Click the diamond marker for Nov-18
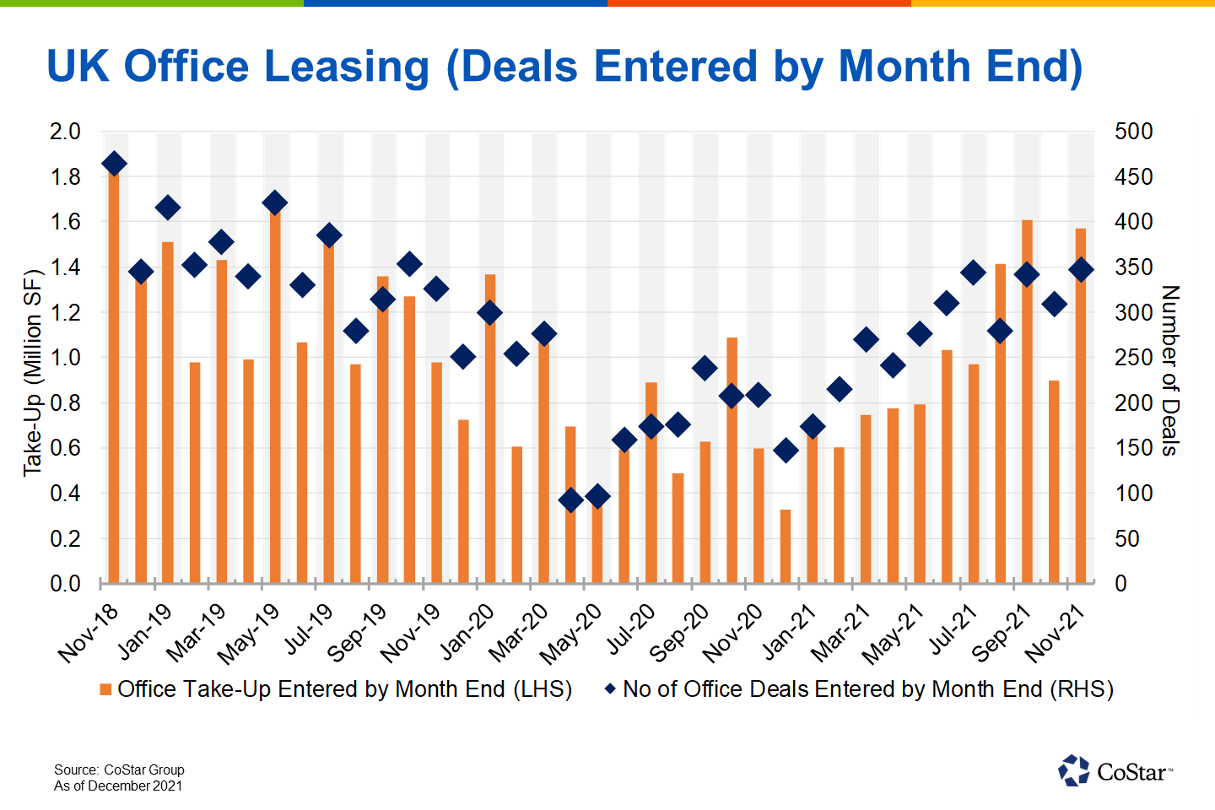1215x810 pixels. coord(114,164)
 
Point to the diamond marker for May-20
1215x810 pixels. coord(597,497)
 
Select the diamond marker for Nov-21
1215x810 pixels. coord(1081,270)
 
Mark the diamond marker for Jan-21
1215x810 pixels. coord(813,427)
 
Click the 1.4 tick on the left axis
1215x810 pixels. coord(65,267)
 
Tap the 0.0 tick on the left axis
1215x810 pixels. coord(65,584)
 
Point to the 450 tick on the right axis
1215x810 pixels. coord(1133,177)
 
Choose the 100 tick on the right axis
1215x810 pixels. coord(1133,494)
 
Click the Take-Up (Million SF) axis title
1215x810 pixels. coord(32,373)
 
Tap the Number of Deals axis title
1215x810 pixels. coord(1169,370)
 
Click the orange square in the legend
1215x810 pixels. coord(105,690)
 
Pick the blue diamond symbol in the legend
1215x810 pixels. coord(610,689)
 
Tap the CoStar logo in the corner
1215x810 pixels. coord(1114,770)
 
